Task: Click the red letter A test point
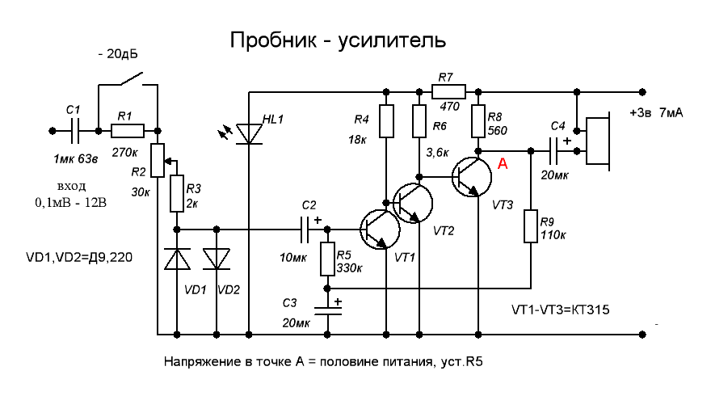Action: click(503, 163)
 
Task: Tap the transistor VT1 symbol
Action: click(380, 230)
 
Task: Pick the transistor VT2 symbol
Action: click(413, 203)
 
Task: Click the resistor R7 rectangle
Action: click(448, 92)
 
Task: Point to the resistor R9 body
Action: click(531, 226)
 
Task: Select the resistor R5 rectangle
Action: click(327, 259)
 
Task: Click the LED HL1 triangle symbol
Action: click(249, 134)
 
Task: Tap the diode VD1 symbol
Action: click(177, 259)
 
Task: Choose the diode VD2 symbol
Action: click(217, 259)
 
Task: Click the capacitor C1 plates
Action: click(75, 131)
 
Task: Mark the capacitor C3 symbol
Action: click(327, 310)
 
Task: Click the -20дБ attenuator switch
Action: click(131, 78)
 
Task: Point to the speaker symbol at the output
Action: click(598, 141)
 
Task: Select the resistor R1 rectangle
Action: click(128, 131)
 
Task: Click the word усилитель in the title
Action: click(392, 40)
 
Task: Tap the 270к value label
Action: click(124, 153)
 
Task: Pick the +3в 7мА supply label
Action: click(656, 112)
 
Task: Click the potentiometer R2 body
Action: click(158, 160)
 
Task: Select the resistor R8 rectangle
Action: click(478, 121)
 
